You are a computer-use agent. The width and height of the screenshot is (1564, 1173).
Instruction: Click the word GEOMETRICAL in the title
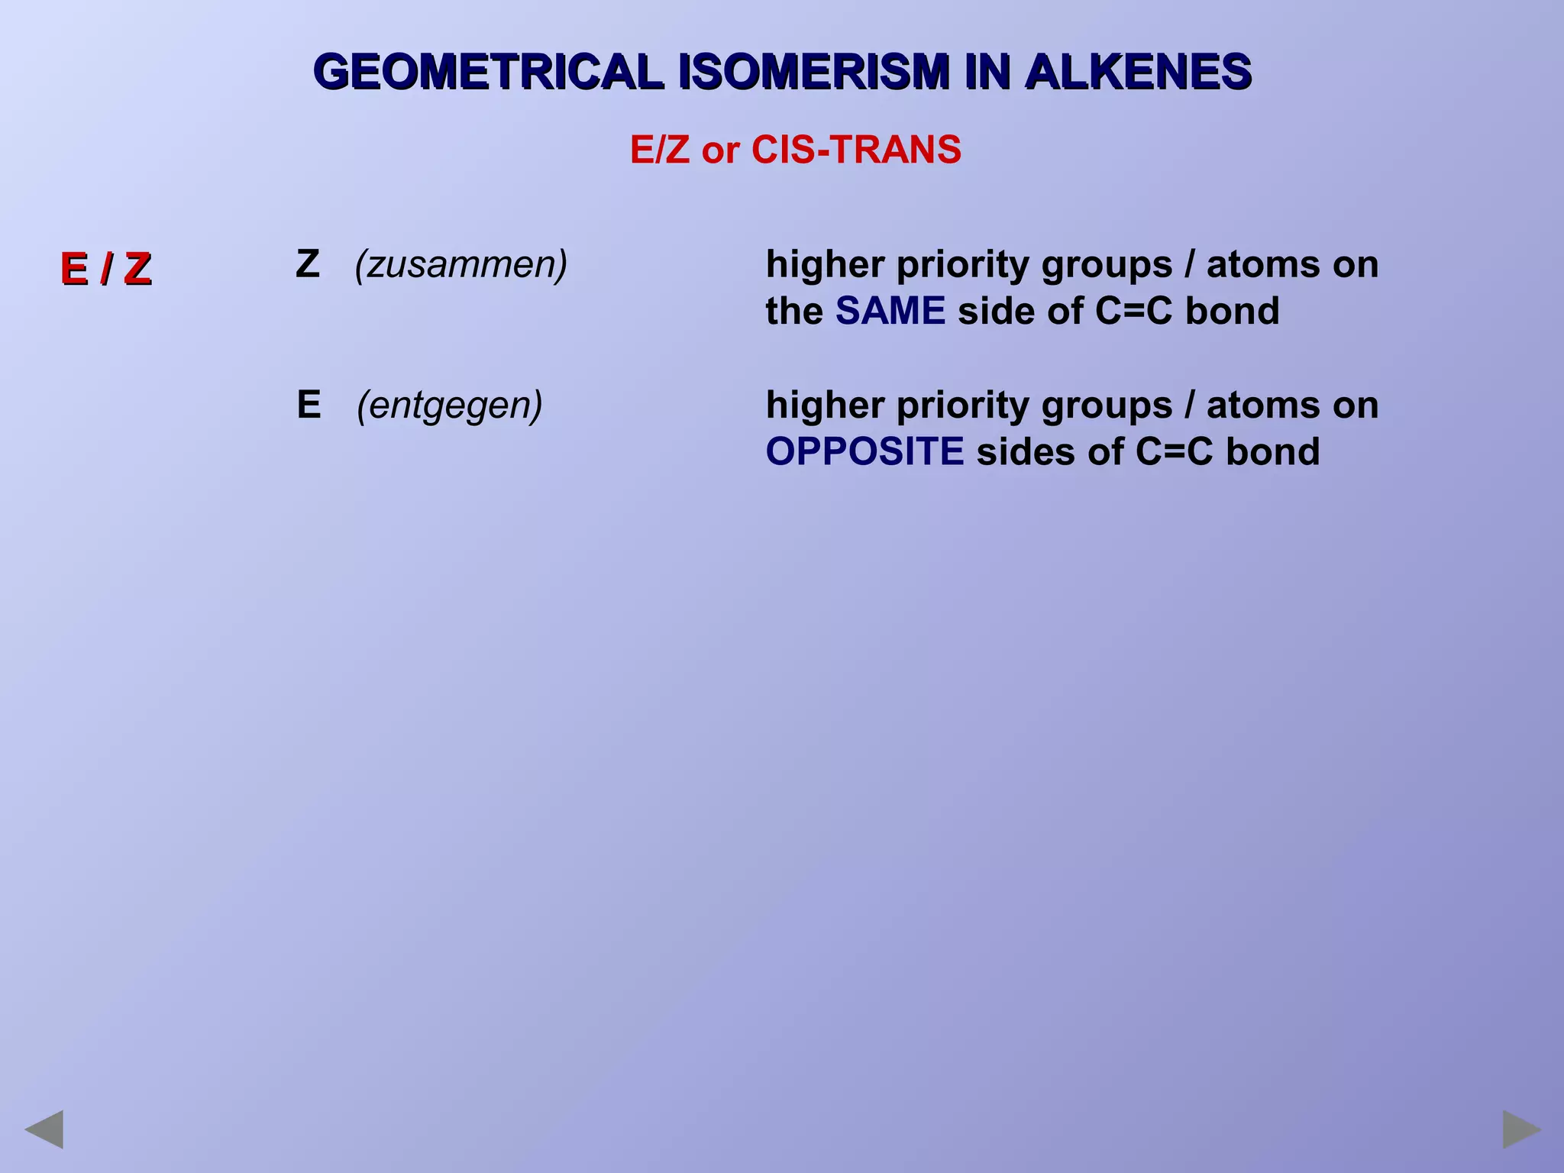coord(488,73)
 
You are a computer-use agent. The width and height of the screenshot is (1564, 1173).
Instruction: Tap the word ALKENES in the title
coord(1138,73)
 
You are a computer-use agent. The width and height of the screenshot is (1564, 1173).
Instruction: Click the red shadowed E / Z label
coord(106,269)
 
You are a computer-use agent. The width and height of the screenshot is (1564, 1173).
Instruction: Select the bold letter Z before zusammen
coord(307,264)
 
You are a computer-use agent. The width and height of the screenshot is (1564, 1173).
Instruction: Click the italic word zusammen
coord(461,265)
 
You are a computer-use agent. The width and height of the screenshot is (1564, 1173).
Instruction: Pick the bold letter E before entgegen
coord(309,405)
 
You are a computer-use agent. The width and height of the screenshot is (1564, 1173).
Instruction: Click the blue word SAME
coord(890,312)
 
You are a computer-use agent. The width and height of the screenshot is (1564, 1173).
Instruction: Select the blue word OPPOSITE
coord(864,452)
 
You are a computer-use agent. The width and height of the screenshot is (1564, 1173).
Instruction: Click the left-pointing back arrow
coord(44,1129)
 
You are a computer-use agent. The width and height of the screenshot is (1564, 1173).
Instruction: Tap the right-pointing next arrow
coord(1522,1129)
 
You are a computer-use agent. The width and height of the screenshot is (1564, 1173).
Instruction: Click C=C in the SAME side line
coord(1133,312)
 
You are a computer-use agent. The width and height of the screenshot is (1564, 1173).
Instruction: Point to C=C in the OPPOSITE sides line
coord(1174,452)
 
